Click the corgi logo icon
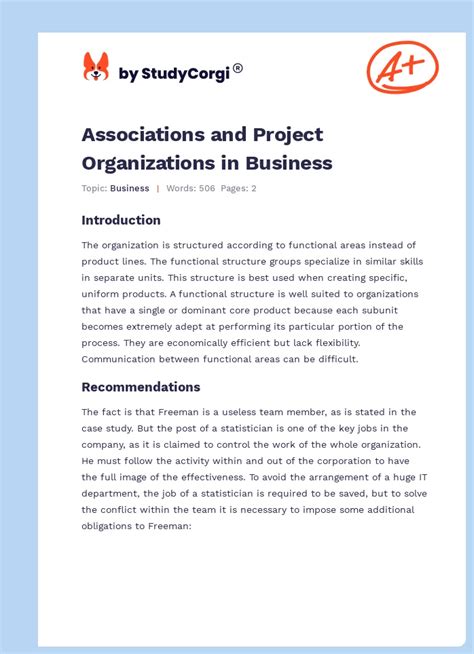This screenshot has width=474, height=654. tap(96, 67)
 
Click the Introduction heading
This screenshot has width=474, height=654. tap(121, 220)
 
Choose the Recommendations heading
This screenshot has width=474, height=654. tap(141, 387)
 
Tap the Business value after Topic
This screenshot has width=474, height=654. tap(130, 188)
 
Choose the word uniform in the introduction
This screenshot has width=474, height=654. tap(106, 294)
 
